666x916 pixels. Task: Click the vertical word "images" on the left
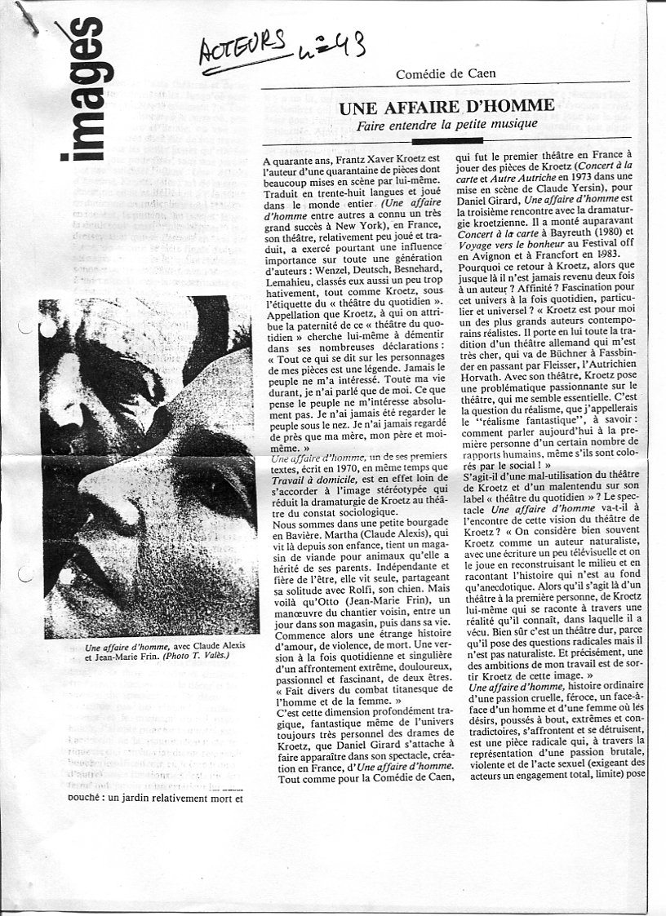pyautogui.click(x=85, y=90)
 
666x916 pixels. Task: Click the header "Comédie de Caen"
pyautogui.click(x=446, y=74)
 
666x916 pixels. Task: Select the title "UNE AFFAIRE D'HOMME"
pyautogui.click(x=446, y=107)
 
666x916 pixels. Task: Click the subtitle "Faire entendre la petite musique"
pyautogui.click(x=446, y=124)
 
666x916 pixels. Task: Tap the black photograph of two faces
pyautogui.click(x=149, y=467)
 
